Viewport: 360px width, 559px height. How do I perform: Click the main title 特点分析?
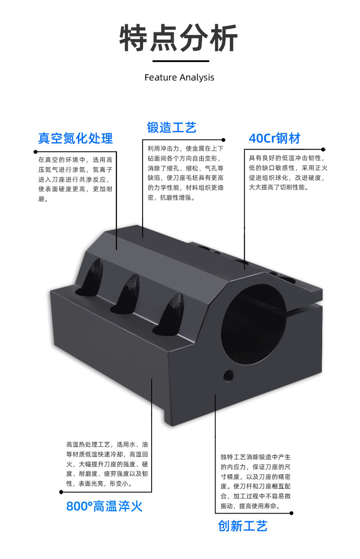click(x=179, y=38)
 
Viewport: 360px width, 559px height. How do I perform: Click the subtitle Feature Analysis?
click(x=179, y=78)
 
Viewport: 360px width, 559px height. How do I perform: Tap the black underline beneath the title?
click(x=181, y=61)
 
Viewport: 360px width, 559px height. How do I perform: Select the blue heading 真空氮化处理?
click(x=76, y=138)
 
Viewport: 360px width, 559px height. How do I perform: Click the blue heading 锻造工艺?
click(x=172, y=128)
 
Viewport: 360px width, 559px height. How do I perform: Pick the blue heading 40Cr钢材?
click(x=274, y=138)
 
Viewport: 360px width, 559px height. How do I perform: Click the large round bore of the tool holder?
click(x=254, y=324)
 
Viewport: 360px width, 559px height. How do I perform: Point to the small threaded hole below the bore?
click(x=229, y=375)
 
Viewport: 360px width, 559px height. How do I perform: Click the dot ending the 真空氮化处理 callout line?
click(x=36, y=152)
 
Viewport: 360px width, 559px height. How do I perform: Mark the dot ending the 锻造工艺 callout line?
click(x=224, y=140)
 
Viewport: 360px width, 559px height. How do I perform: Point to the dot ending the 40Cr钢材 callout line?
click(x=323, y=149)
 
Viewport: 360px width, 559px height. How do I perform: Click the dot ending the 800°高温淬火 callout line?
click(x=61, y=492)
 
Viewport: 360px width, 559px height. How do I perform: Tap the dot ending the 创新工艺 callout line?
click(x=291, y=513)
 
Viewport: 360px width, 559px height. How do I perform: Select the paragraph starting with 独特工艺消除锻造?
click(x=256, y=481)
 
